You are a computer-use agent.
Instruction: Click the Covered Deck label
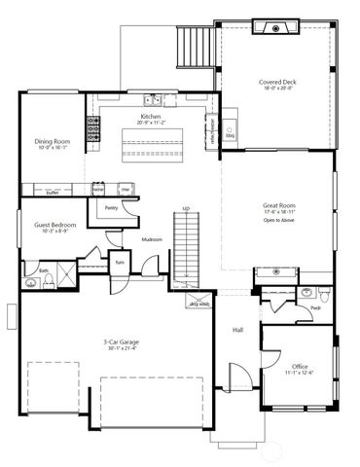click(x=277, y=83)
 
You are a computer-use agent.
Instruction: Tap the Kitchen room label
click(x=151, y=117)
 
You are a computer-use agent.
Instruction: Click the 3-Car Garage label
click(x=120, y=342)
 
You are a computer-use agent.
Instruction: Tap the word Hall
click(x=237, y=330)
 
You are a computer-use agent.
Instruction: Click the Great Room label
click(x=278, y=207)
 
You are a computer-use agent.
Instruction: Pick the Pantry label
click(x=111, y=207)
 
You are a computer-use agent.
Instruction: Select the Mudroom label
click(x=151, y=238)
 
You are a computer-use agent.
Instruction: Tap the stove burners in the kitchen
click(x=95, y=126)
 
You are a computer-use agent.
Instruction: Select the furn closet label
click(x=121, y=263)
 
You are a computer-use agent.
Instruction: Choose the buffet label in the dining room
click(x=54, y=193)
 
